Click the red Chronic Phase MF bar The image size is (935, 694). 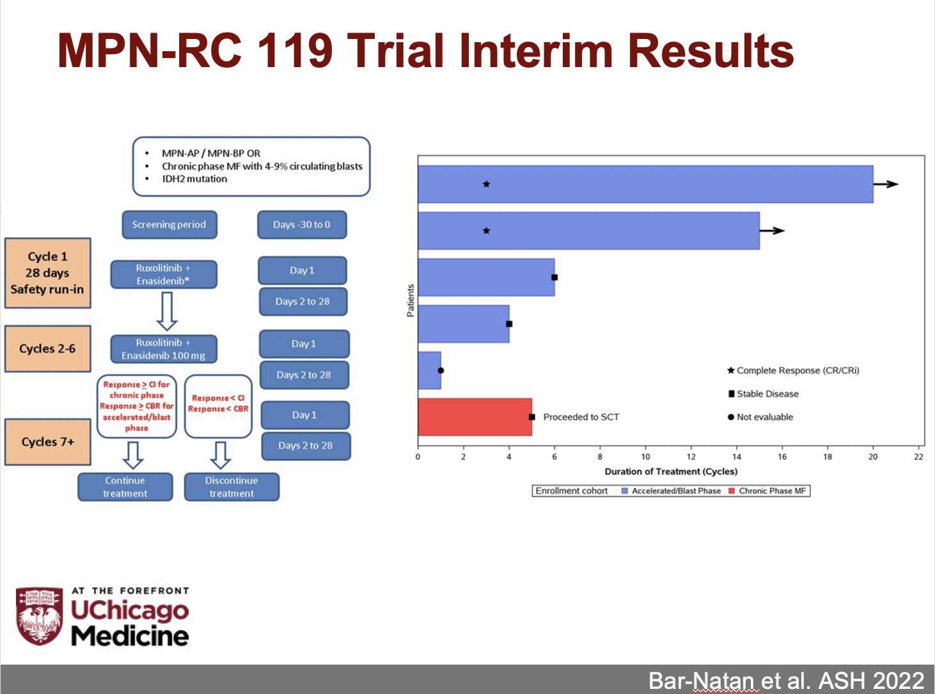click(x=475, y=417)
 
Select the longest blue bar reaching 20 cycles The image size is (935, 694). click(x=645, y=184)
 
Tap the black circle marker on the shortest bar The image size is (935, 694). click(x=441, y=371)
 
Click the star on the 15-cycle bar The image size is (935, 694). click(x=486, y=231)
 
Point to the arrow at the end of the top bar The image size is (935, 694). click(x=886, y=184)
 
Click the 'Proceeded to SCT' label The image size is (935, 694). click(x=581, y=417)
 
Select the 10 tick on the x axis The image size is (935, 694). click(x=645, y=457)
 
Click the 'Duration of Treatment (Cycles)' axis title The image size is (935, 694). click(x=671, y=471)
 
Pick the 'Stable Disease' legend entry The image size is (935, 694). click(x=764, y=394)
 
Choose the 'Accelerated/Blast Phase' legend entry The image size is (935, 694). click(x=672, y=491)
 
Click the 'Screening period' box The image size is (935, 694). click(x=169, y=224)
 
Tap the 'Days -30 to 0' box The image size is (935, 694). click(x=302, y=224)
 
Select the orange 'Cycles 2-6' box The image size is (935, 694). click(x=47, y=348)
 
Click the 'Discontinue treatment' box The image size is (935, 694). click(x=232, y=487)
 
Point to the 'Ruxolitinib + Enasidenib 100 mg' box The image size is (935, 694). click(x=164, y=349)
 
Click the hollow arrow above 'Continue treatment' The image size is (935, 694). click(x=133, y=455)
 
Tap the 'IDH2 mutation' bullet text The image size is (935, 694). click(x=194, y=179)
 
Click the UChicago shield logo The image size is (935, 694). click(x=39, y=615)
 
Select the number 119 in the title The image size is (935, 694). click(x=295, y=50)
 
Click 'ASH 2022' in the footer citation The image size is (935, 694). click(x=871, y=680)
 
